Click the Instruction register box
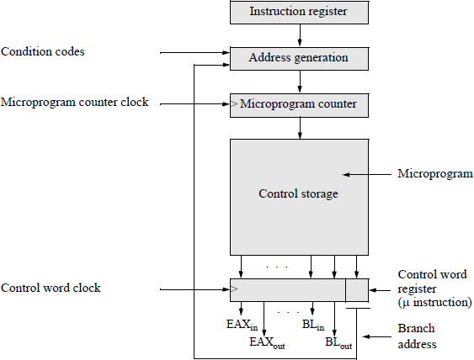tap(298, 12)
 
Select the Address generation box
tap(298, 58)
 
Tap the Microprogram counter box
tap(298, 104)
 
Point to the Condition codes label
tap(43, 52)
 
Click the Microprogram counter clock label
tap(75, 103)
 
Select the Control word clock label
tap(51, 289)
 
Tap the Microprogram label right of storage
tap(434, 174)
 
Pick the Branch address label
tap(417, 336)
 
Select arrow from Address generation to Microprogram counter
tap(298, 81)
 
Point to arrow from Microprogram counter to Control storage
tap(298, 127)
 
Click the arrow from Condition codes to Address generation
tap(193, 54)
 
